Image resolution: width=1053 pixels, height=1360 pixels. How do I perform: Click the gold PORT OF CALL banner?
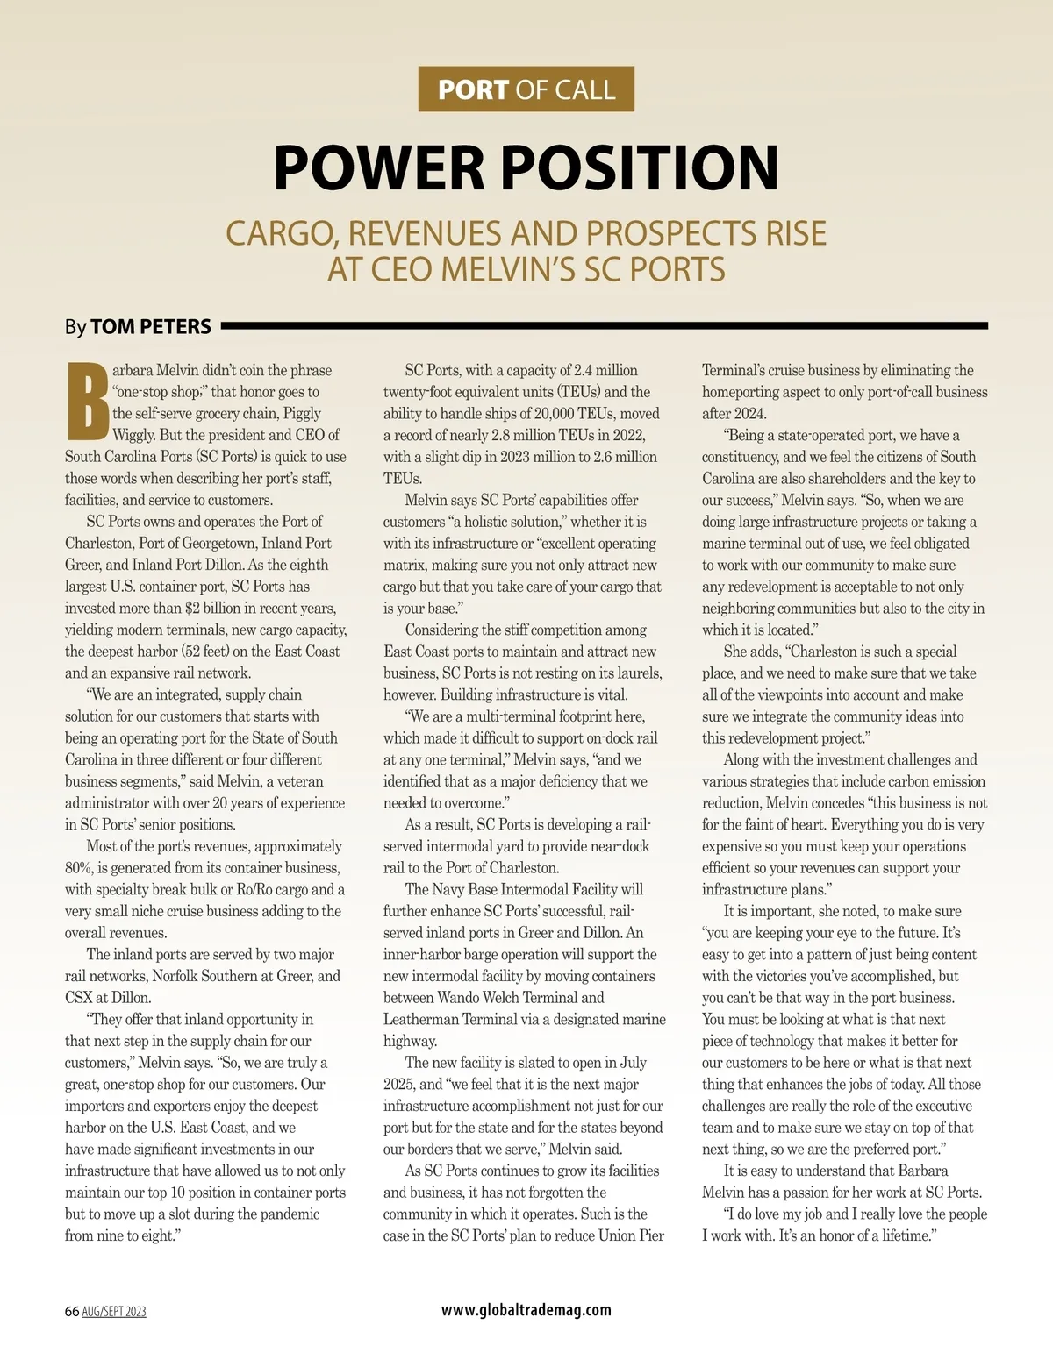pyautogui.click(x=526, y=89)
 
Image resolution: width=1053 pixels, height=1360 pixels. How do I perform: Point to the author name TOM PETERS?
pyautogui.click(x=151, y=327)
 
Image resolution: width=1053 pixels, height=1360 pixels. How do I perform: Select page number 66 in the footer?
pyautogui.click(x=72, y=1312)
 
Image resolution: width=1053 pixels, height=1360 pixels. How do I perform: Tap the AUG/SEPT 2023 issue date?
pyautogui.click(x=114, y=1312)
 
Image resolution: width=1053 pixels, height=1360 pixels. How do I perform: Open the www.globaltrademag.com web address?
pyautogui.click(x=526, y=1310)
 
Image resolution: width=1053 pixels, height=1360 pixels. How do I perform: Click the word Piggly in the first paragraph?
pyautogui.click(x=300, y=413)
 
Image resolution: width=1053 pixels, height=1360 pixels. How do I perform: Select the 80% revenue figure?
pyautogui.click(x=79, y=868)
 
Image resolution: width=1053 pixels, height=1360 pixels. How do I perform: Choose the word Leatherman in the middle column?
pyautogui.click(x=420, y=1019)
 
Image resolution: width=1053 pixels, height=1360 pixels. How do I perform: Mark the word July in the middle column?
pyautogui.click(x=631, y=1063)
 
